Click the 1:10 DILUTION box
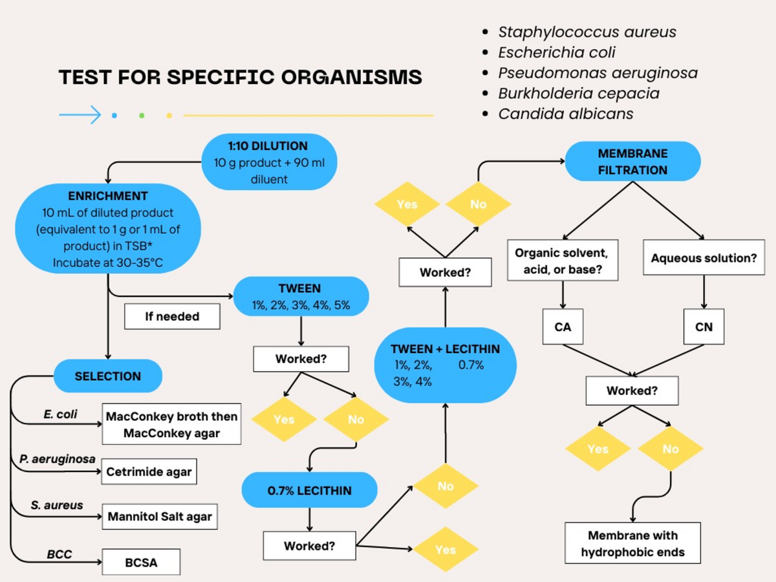click(269, 162)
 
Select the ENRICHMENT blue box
click(108, 229)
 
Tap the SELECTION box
click(107, 376)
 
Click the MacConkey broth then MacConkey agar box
click(171, 425)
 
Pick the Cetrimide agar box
click(149, 472)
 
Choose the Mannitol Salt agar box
click(159, 517)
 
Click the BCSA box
click(141, 563)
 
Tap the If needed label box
click(172, 317)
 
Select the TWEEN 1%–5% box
click(300, 296)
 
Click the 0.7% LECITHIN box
click(309, 490)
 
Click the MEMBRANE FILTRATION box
click(632, 162)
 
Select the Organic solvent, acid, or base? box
click(563, 261)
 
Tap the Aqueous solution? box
click(704, 258)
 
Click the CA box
click(563, 327)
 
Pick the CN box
click(704, 327)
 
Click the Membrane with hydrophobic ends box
click(632, 543)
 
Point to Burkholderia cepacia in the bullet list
click(579, 93)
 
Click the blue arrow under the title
click(80, 115)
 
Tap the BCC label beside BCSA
click(59, 554)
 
